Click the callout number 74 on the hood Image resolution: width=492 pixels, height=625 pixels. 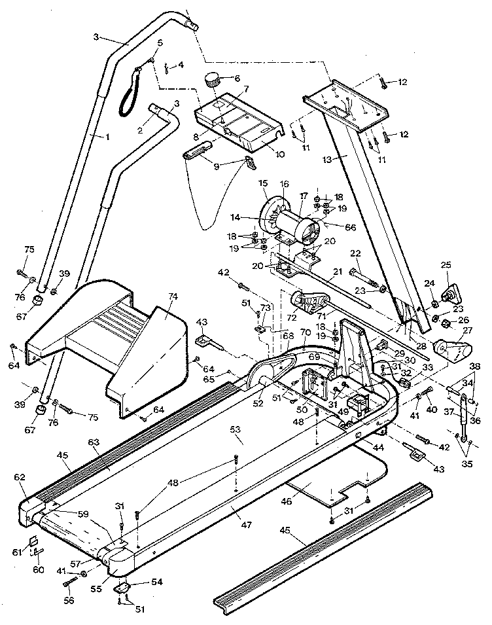(172, 296)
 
